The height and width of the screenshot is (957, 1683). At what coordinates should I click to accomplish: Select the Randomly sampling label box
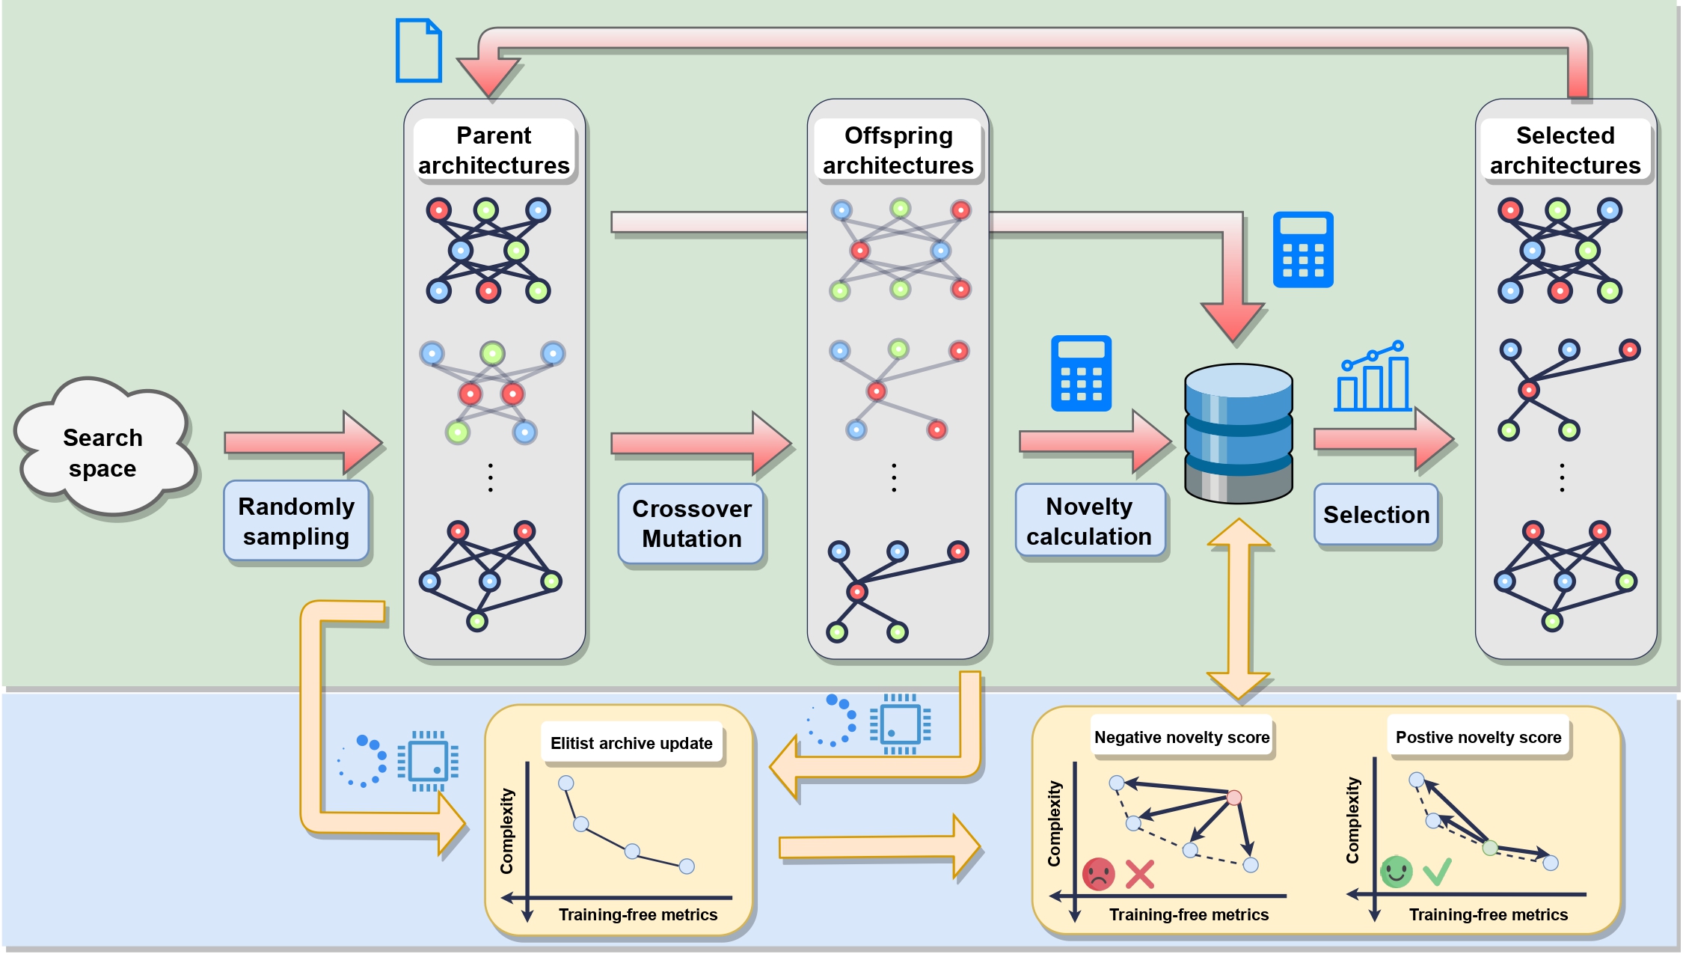click(296, 522)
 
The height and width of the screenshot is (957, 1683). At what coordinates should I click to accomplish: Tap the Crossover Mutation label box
click(691, 524)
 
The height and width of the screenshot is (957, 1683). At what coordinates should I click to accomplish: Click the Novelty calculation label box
click(1089, 522)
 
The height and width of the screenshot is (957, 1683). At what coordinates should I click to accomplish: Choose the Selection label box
click(1376, 515)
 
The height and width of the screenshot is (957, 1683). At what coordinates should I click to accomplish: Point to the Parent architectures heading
click(494, 150)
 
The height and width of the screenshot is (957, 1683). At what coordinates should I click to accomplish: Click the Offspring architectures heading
click(898, 150)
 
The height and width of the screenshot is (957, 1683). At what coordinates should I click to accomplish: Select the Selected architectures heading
click(1565, 150)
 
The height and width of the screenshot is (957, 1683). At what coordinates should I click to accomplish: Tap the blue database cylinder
click(1239, 434)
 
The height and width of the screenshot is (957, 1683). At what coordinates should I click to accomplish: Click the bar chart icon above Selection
click(1373, 377)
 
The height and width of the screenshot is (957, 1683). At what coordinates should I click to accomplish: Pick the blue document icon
click(419, 50)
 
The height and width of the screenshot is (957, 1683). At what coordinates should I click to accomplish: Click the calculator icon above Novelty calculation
click(1081, 373)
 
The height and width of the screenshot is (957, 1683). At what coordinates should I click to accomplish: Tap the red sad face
click(1098, 873)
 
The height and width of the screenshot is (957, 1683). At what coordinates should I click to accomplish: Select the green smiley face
click(1396, 872)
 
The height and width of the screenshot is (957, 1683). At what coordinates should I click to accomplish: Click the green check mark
click(1437, 871)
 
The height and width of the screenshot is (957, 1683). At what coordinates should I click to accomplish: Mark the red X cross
click(1139, 874)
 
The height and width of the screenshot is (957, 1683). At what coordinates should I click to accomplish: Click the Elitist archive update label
click(631, 743)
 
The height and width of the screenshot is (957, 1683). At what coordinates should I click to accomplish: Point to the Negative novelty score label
click(1182, 737)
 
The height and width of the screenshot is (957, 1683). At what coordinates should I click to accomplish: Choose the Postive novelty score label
click(1478, 737)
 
